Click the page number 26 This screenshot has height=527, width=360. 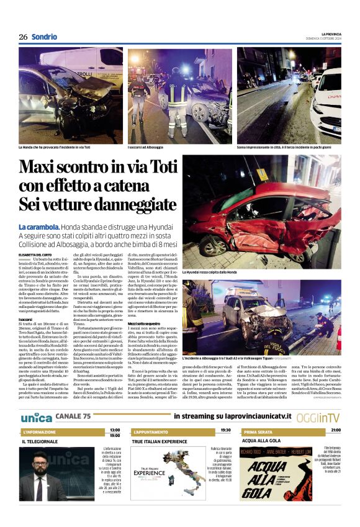click(23, 37)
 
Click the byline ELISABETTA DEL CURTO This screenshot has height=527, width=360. click(36, 255)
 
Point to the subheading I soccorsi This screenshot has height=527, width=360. click(26, 319)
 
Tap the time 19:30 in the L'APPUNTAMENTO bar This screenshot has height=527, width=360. click(225, 430)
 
